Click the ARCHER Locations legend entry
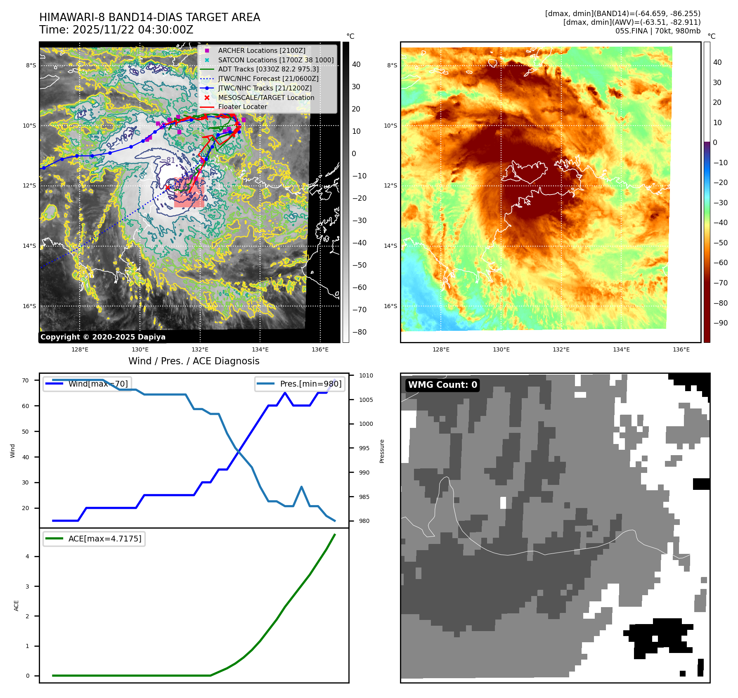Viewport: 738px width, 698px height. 262,50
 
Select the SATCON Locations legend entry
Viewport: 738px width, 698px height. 276,60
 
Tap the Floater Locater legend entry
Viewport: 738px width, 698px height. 242,107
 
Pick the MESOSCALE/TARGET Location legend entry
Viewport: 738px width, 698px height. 266,97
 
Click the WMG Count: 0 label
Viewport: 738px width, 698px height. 442,385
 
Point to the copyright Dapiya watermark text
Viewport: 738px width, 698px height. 103,337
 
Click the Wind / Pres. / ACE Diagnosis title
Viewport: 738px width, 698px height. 194,361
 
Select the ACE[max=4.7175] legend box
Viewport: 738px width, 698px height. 94,539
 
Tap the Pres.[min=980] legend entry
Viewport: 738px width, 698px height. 300,384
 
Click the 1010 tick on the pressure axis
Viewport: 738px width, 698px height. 366,375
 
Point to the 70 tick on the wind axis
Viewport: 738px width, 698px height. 26,380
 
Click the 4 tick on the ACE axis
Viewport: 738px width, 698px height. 27,556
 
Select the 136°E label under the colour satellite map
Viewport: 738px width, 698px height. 681,349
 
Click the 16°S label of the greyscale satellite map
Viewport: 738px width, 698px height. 29,306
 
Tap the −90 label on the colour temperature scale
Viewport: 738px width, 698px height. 721,323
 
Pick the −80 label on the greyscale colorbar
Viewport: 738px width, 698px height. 359,332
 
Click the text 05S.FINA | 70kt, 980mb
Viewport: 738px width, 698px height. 658,31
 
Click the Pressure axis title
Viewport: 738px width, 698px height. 382,451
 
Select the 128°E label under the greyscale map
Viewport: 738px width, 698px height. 80,349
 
